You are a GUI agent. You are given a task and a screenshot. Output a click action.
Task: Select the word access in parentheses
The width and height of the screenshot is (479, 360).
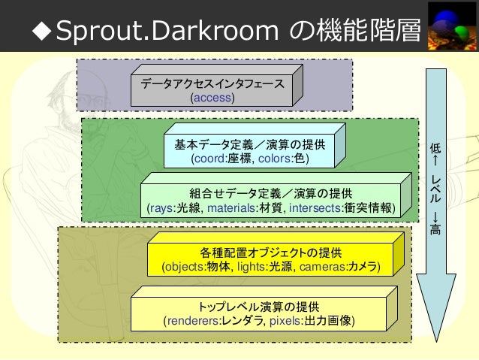click(x=212, y=98)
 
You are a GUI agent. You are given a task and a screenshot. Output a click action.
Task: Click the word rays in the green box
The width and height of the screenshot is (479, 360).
click(x=162, y=207)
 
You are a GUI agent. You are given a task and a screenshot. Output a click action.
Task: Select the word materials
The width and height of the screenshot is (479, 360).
click(x=232, y=207)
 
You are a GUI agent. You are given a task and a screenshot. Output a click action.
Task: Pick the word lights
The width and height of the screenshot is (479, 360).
click(x=252, y=267)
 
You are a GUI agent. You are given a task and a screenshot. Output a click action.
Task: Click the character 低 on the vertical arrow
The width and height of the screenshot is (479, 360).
click(x=435, y=148)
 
